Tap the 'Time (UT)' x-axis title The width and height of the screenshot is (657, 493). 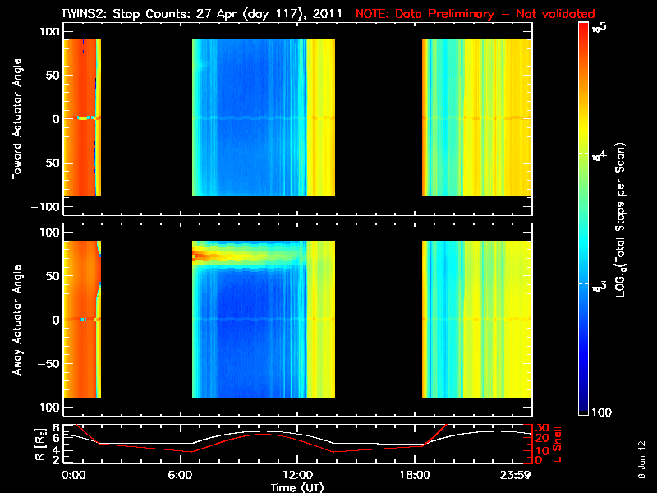(x=296, y=486)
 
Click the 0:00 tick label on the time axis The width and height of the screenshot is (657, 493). (x=74, y=475)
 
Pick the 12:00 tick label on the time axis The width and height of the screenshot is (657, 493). (x=297, y=475)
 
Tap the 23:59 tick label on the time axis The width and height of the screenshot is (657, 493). (x=517, y=475)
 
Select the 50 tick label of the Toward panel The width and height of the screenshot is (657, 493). (x=53, y=76)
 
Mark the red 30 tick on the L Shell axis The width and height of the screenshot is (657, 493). (x=541, y=427)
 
